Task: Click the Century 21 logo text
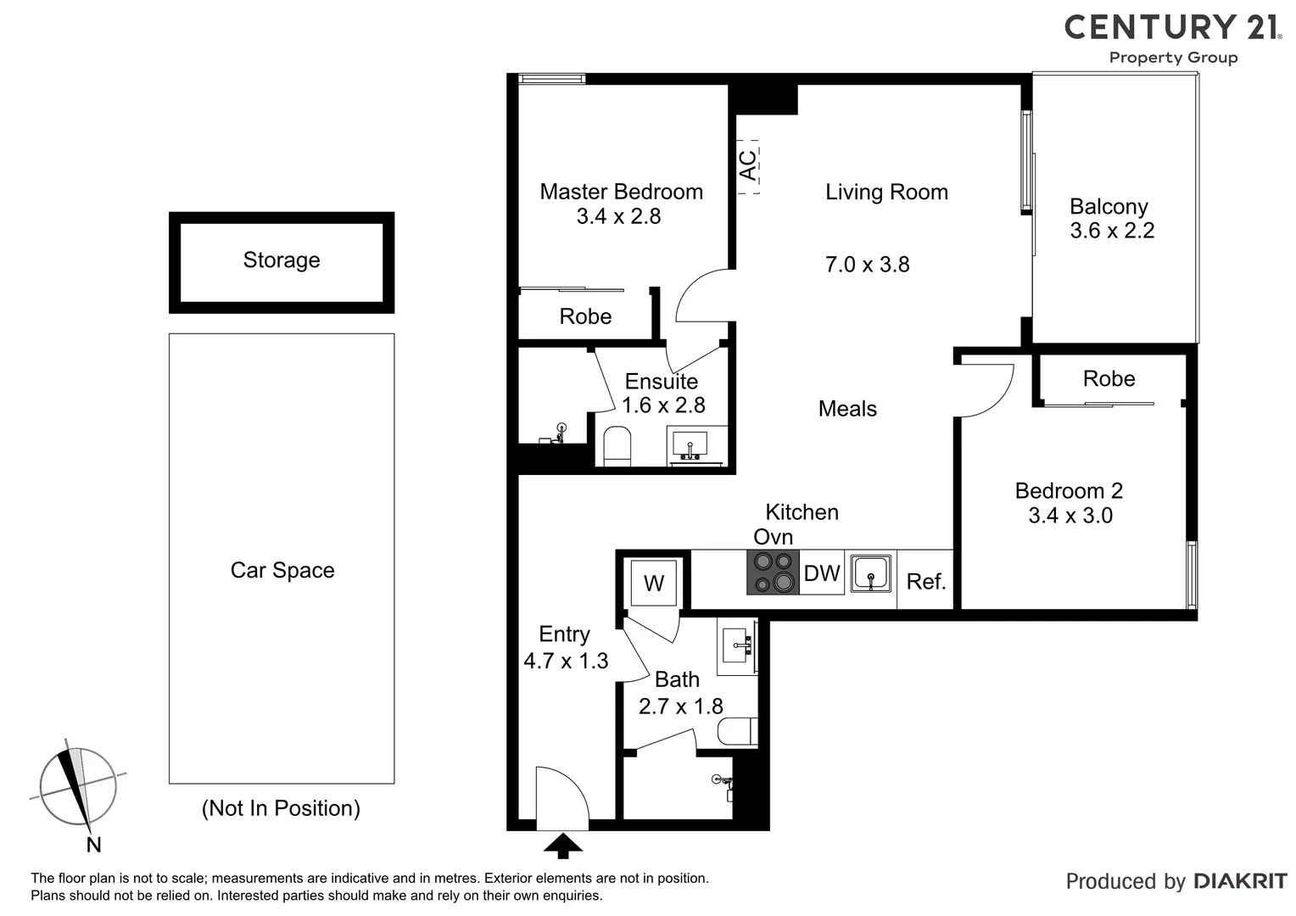(x=1173, y=27)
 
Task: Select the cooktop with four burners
(x=773, y=572)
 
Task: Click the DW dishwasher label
(x=821, y=573)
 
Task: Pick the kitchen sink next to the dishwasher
(x=870, y=573)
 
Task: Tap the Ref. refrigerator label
(x=925, y=582)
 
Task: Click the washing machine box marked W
(x=653, y=583)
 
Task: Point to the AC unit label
(x=748, y=166)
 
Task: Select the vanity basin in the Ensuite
(x=696, y=445)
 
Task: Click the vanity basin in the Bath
(x=736, y=646)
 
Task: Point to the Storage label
(x=282, y=260)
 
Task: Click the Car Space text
(x=282, y=571)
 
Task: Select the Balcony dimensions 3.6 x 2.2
(x=1112, y=231)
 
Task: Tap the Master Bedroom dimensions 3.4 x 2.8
(x=618, y=216)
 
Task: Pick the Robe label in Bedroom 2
(x=1109, y=379)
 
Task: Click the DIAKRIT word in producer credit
(x=1240, y=882)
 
